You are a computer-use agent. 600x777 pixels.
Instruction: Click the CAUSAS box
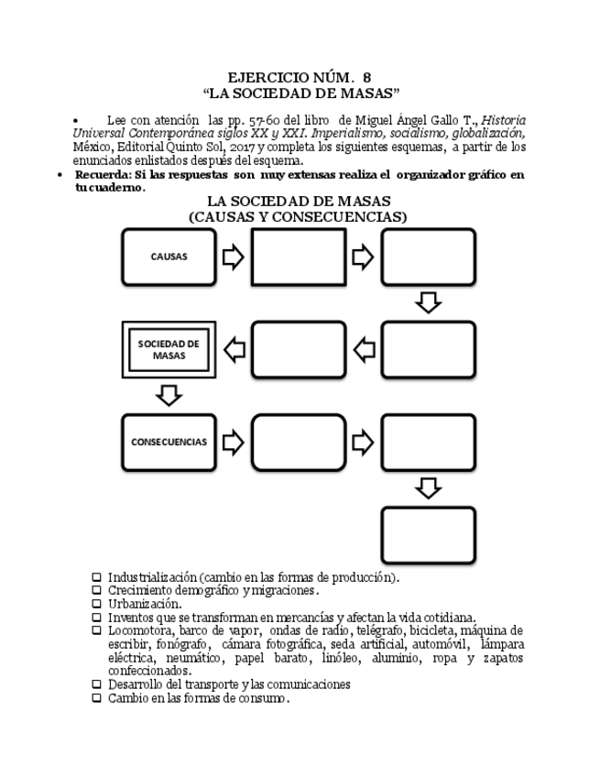(169, 257)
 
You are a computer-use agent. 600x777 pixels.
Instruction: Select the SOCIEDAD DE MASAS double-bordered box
(169, 349)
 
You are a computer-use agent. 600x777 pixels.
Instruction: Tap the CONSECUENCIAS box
(169, 442)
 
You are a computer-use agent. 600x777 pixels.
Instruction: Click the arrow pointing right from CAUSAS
(234, 257)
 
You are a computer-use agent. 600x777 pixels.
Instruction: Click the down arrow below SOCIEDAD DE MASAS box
(169, 395)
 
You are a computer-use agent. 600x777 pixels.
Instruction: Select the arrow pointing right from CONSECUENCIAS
(234, 442)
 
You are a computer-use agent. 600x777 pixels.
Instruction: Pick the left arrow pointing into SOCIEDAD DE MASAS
(235, 349)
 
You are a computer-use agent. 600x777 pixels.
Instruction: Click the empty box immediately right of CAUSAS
(299, 257)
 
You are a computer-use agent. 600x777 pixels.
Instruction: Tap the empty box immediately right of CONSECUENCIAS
(299, 442)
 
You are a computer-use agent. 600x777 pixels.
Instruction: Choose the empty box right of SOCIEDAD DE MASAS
(299, 349)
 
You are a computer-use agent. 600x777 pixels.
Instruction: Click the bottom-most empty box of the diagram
(428, 535)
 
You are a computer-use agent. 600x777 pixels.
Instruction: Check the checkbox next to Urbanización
(96, 604)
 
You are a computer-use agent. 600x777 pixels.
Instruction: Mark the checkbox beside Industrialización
(96, 578)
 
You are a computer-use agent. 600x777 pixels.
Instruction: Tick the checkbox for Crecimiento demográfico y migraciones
(96, 591)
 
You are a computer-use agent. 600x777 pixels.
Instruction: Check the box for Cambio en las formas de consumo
(96, 698)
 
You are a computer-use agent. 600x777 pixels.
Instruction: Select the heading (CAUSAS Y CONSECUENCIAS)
(298, 217)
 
